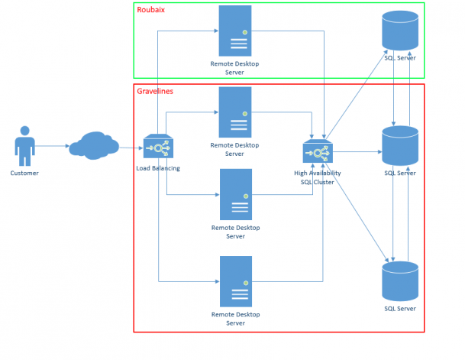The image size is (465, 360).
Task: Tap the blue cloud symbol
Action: click(x=92, y=144)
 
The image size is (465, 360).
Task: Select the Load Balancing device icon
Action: click(x=159, y=147)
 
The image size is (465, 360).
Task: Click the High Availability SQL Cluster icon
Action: click(x=318, y=152)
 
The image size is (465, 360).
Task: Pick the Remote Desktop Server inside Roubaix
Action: click(x=235, y=30)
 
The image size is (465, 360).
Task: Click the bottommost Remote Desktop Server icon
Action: click(x=235, y=281)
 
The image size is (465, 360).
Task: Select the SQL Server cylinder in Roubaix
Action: click(x=401, y=31)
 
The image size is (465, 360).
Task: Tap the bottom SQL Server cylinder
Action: click(x=401, y=281)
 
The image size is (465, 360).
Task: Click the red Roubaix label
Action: click(x=150, y=10)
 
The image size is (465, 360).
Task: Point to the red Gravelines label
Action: click(x=155, y=91)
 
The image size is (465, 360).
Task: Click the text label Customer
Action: click(x=24, y=173)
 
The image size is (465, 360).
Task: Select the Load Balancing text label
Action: click(x=158, y=168)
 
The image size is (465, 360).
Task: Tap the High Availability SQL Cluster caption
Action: click(x=318, y=177)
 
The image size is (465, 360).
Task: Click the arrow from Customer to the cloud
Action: click(x=50, y=145)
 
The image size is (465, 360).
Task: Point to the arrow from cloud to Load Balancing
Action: click(x=130, y=145)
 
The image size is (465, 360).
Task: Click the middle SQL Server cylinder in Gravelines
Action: click(x=401, y=146)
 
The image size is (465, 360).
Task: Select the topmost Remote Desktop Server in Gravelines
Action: click(x=235, y=112)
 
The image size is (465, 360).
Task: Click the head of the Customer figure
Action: click(x=24, y=131)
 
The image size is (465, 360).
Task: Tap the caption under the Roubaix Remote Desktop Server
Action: click(x=235, y=68)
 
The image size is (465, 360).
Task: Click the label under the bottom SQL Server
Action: click(x=401, y=308)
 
